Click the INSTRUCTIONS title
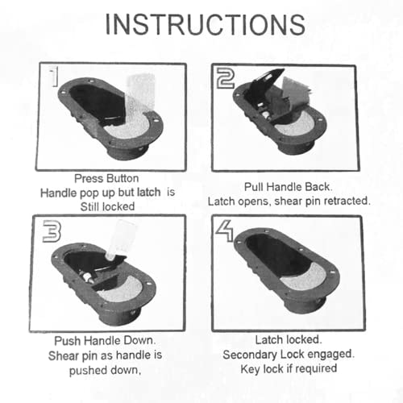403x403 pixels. point(205,24)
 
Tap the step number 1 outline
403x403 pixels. point(55,77)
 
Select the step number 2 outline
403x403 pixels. point(226,78)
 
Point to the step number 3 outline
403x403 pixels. point(52,231)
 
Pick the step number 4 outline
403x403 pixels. point(225,231)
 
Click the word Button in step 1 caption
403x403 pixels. point(123,178)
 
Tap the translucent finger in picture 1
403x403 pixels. point(139,97)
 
